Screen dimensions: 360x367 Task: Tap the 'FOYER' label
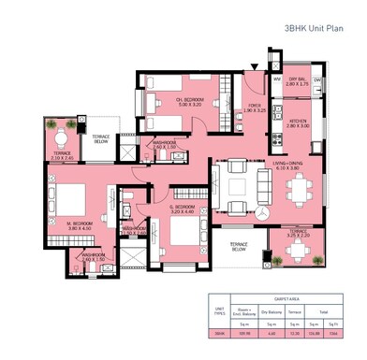(255, 106)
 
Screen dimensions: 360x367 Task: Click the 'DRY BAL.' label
(299, 79)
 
